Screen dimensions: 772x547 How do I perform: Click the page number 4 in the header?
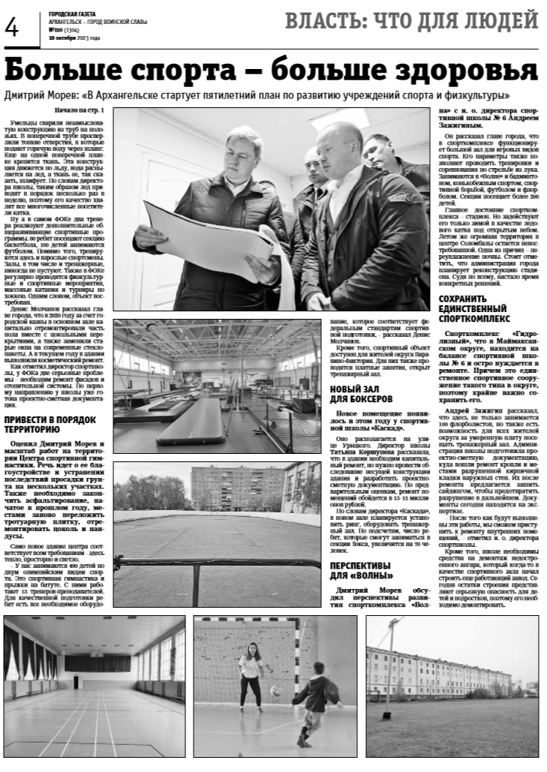[x=12, y=28]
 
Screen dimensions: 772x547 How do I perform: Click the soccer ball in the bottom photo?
[x=275, y=690]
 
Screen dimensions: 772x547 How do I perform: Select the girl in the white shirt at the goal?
[x=250, y=678]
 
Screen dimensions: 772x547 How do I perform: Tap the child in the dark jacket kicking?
[x=313, y=701]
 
